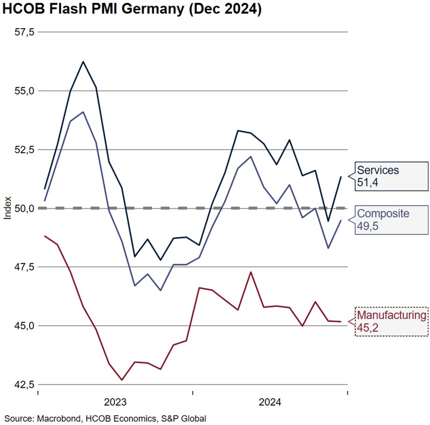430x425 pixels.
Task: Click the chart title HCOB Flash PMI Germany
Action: [x=132, y=10]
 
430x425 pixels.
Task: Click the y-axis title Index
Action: [x=7, y=208]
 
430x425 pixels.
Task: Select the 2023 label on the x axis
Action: [x=115, y=402]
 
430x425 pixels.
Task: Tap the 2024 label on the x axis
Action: [x=270, y=402]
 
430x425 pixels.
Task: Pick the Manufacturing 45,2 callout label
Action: [x=391, y=321]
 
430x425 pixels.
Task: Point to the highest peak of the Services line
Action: [x=83, y=61]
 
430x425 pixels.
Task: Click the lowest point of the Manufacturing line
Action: [x=122, y=380]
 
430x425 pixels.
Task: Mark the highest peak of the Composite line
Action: [x=83, y=112]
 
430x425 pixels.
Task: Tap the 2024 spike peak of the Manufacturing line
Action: [x=251, y=272]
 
